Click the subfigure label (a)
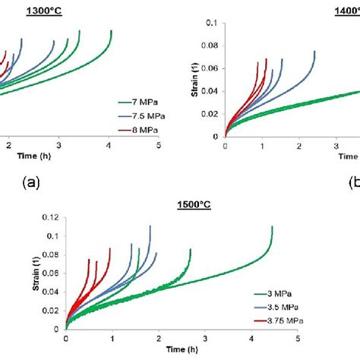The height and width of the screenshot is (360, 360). (x=28, y=182)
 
